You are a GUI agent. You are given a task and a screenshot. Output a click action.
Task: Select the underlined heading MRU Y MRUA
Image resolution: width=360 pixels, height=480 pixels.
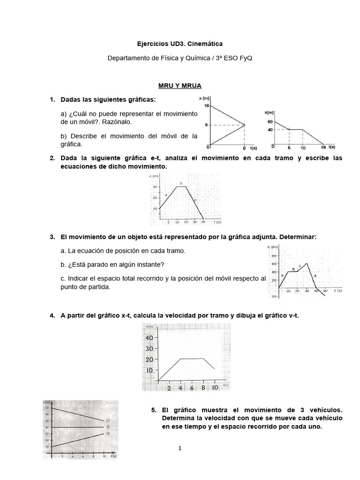180,86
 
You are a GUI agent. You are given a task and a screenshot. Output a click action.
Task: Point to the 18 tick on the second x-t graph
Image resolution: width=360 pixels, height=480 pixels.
323,147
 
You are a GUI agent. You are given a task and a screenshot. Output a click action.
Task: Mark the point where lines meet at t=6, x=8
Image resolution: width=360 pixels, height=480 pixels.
244,125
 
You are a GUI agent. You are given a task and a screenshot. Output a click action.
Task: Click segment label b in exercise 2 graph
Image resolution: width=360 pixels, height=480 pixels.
180,183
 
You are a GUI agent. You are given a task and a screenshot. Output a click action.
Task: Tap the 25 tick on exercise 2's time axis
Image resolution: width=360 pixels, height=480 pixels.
203,222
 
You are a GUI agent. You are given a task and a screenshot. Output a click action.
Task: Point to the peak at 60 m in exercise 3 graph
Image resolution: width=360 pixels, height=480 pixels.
307,263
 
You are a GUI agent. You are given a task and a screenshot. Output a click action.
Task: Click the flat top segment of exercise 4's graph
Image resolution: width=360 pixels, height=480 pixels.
192,359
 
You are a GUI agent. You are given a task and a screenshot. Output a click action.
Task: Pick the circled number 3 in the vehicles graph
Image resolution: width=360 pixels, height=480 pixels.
107,434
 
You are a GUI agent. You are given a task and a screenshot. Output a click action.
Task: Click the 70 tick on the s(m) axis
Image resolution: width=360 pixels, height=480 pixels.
46,408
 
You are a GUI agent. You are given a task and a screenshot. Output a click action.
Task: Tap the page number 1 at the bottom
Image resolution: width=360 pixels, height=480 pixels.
180,449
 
